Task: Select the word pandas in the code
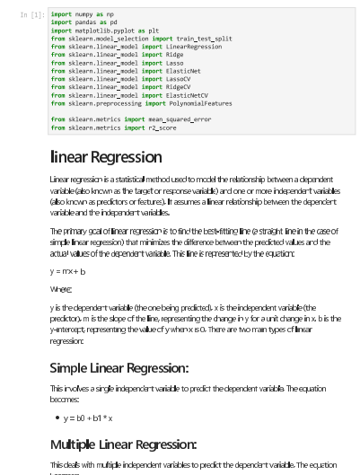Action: [86, 22]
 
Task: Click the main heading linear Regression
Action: [106, 157]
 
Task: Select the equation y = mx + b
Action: [68, 270]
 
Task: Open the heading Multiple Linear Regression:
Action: [124, 444]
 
